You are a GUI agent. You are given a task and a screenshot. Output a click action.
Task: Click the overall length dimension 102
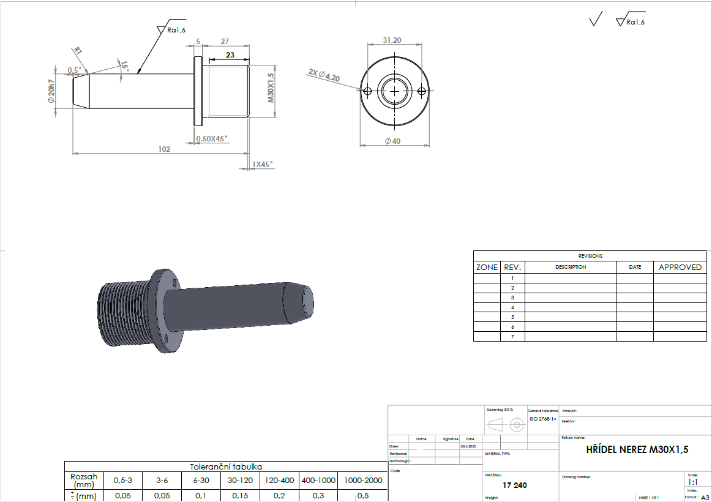163,149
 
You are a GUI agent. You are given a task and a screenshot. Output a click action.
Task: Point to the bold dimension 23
230,54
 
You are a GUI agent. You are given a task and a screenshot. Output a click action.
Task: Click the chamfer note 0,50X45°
212,139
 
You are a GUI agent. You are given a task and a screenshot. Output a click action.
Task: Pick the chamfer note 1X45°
263,164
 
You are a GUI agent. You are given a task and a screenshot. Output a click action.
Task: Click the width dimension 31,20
392,40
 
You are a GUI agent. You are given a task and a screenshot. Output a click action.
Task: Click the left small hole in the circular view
367,91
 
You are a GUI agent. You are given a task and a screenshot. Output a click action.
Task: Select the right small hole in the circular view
421,91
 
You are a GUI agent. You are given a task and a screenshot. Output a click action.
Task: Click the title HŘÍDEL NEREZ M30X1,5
637,450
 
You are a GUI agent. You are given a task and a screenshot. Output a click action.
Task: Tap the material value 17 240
514,485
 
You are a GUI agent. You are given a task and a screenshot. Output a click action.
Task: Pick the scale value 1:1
692,482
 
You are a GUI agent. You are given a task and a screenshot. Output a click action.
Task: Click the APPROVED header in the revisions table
680,268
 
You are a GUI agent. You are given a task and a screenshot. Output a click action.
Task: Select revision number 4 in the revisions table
512,307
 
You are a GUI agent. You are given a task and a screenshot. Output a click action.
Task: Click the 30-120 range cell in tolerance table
240,481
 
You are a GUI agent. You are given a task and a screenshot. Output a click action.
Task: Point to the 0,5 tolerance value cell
363,496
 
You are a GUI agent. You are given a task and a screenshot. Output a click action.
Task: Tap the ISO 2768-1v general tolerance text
543,419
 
